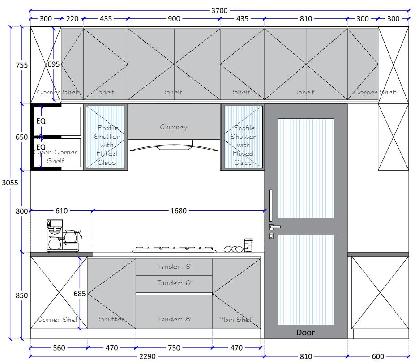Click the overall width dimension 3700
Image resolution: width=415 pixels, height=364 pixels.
[x=219, y=10]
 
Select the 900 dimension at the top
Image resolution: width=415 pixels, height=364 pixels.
[x=174, y=18]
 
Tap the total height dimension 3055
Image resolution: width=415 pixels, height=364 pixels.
[x=10, y=183]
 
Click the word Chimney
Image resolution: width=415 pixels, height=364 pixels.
[x=174, y=127]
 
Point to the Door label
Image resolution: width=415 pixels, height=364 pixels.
[x=305, y=333]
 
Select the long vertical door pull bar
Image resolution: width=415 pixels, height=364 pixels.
[x=270, y=206]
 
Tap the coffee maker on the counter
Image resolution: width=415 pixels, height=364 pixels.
[x=64, y=235]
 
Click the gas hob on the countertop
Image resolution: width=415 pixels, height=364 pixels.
[x=174, y=249]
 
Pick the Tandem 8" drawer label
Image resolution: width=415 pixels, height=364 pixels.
[x=175, y=319]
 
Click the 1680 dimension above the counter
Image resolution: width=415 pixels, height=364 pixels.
[x=178, y=211]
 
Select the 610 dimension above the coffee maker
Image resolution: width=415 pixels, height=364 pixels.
[x=61, y=211]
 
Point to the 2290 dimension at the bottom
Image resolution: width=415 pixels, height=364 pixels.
[x=147, y=356]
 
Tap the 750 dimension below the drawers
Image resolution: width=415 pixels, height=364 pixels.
[x=174, y=347]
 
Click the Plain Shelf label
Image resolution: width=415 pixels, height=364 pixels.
[x=236, y=320]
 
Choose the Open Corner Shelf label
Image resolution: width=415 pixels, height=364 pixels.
[x=56, y=156]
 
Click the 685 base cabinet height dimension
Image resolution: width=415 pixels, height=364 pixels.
[x=79, y=294]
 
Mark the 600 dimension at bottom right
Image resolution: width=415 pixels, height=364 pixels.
[x=378, y=356]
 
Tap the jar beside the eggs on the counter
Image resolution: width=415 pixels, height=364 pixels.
[x=248, y=245]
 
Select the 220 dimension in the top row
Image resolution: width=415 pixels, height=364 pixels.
[x=72, y=18]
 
